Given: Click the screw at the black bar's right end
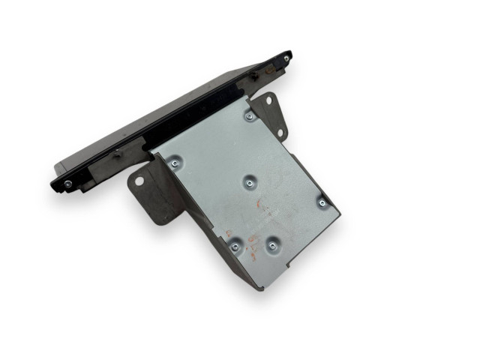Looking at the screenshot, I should pos(286,58).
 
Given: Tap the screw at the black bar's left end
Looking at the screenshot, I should pos(68,183).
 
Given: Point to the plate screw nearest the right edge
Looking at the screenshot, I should pos(322,202).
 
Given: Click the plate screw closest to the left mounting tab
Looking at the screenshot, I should pos(175,161).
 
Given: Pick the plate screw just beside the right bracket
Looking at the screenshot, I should pos(249,116).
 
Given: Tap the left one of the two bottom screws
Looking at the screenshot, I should pos(235,245).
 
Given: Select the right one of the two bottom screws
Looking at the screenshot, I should pos(271,245).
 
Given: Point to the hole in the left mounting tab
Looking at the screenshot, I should pos(139,182).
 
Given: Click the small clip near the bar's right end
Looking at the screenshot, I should pos(253,75).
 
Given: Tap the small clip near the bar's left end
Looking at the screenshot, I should pos(116,156).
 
